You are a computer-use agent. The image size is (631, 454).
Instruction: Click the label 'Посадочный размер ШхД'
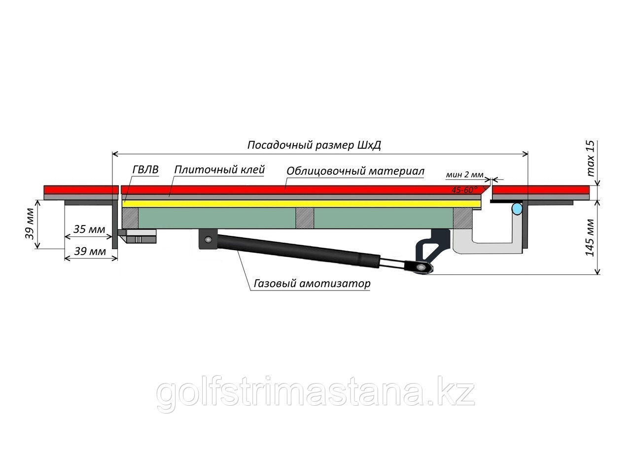point(314,146)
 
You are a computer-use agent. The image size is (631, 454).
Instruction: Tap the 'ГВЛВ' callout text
point(145,170)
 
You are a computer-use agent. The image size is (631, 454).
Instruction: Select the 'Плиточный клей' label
point(219,170)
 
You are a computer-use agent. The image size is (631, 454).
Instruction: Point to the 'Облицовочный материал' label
point(355,171)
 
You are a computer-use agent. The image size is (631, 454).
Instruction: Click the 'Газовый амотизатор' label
point(312,284)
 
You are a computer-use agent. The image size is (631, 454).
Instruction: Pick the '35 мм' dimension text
point(89,229)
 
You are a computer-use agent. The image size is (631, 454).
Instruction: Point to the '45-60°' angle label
point(464,189)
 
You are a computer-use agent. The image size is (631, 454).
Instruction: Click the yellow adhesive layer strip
point(301,203)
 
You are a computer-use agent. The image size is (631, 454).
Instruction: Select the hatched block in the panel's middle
point(305,218)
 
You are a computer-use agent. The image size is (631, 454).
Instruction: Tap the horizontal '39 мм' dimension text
point(89,251)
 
